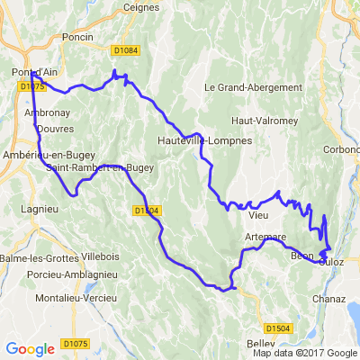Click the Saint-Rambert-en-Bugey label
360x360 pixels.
(99, 166)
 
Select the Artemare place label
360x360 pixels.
(265, 236)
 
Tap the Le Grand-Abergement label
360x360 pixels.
(253, 87)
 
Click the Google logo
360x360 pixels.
(30, 348)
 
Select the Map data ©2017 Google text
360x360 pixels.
(304, 353)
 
